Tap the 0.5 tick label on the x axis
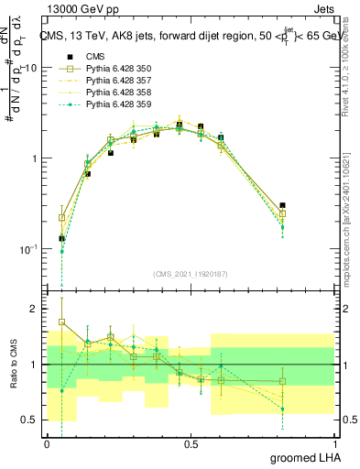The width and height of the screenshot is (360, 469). click(191, 443)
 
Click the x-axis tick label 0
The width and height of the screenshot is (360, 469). click(47, 443)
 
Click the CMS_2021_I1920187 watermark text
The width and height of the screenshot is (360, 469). click(191, 274)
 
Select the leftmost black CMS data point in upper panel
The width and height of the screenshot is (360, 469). click(61, 238)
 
